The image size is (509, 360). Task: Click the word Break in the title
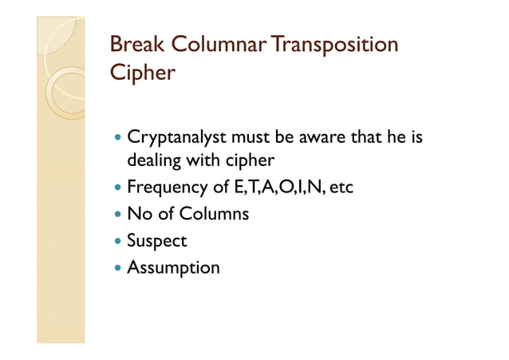point(132,45)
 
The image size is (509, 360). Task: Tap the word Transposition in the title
point(335,45)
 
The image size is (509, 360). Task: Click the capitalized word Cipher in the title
point(142,73)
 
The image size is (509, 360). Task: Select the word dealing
point(155,160)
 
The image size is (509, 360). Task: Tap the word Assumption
point(173,267)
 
